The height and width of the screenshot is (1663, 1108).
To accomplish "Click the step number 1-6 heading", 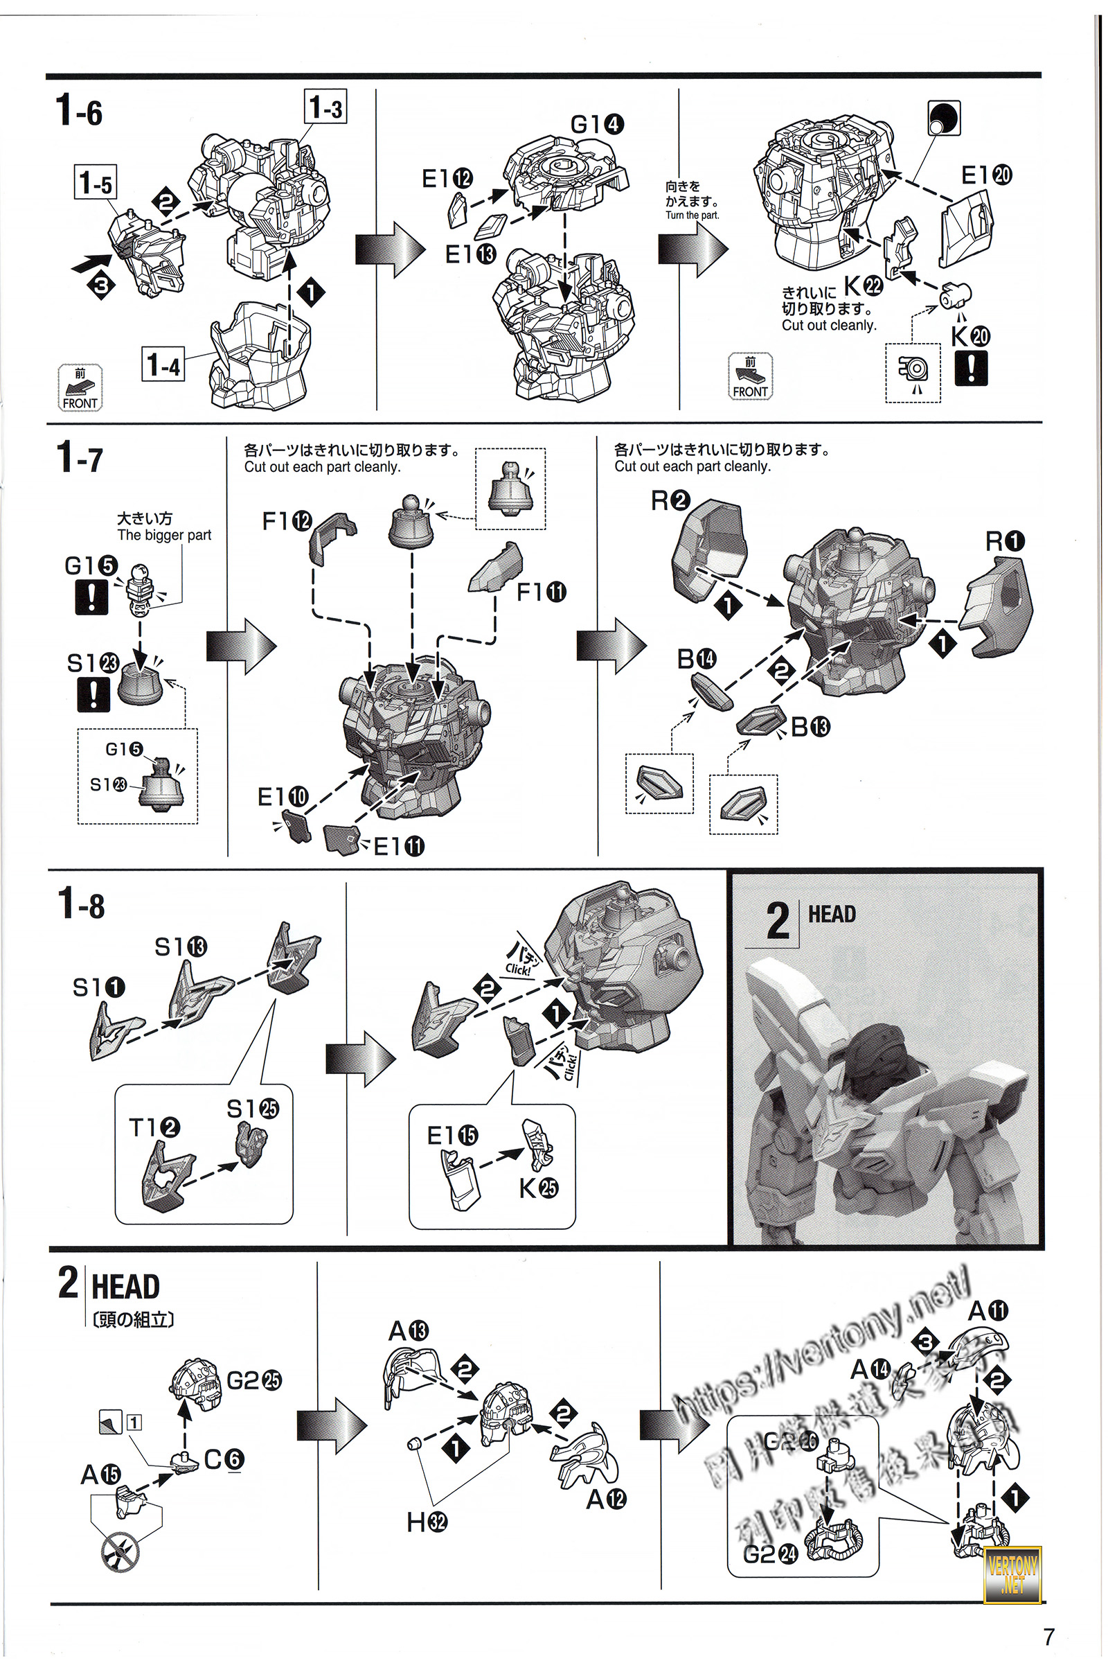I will click(x=79, y=110).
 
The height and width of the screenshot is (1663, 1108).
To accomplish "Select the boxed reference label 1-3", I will click(x=325, y=107).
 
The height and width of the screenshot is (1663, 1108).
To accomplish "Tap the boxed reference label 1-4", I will click(x=163, y=364).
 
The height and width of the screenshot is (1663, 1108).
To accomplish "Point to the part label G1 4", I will click(x=597, y=125).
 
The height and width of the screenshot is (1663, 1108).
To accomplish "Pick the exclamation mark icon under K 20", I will click(x=971, y=369).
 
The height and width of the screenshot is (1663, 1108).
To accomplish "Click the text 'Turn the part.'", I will click(x=692, y=215).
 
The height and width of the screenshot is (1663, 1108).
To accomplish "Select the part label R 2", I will click(x=670, y=500).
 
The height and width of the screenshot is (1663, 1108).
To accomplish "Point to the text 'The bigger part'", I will click(x=164, y=534).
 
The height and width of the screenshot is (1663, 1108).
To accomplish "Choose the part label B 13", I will click(x=810, y=726).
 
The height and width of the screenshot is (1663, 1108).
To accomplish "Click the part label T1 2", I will click(x=154, y=1127).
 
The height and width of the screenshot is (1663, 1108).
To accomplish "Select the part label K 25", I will click(x=539, y=1188).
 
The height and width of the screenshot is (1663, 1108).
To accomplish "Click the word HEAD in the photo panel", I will click(x=832, y=914).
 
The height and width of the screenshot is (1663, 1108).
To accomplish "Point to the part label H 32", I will click(x=426, y=1522).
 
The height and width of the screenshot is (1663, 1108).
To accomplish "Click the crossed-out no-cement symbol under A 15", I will click(x=120, y=1553).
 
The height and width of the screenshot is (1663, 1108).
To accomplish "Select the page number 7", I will click(x=1048, y=1636).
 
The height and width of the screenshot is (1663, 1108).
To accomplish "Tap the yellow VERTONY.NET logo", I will click(x=1012, y=1572).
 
